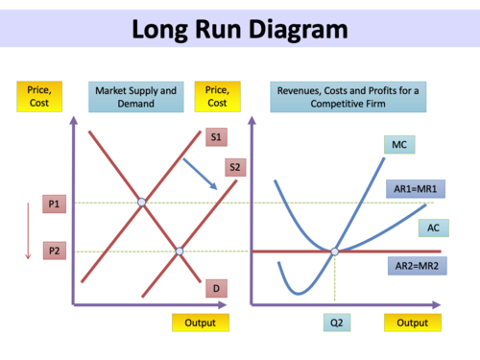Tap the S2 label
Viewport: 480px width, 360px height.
[x=236, y=168]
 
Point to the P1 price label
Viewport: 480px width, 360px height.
[x=55, y=204]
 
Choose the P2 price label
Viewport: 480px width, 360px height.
[x=55, y=251]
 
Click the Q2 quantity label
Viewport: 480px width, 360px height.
[x=334, y=322]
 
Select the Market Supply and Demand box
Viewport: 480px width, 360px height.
[x=135, y=97]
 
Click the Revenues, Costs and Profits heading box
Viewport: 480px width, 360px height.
[x=349, y=97]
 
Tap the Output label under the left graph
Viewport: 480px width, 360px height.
[x=201, y=323]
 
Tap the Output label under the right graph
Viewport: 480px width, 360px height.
[x=412, y=323]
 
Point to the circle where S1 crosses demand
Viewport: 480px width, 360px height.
[x=142, y=203]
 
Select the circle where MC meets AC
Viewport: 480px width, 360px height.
[x=334, y=252]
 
